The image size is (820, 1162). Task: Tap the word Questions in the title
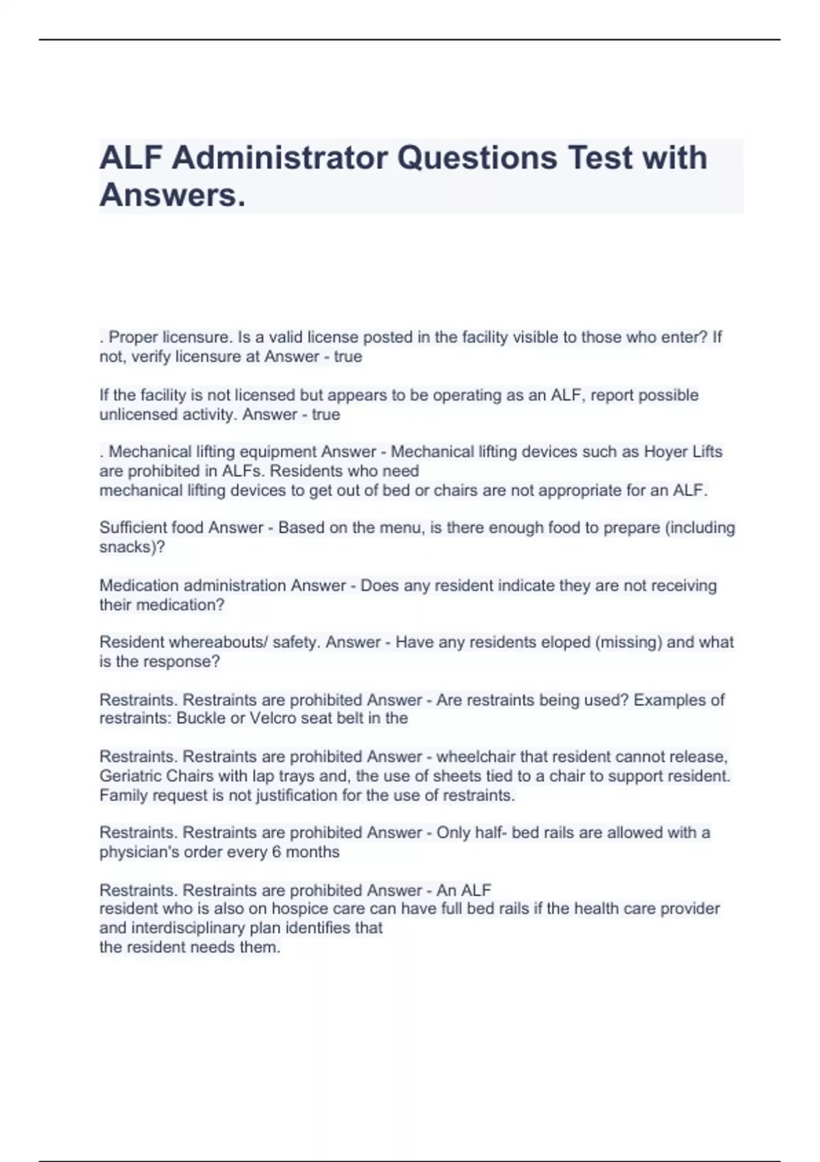477,158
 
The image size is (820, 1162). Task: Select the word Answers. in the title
172,195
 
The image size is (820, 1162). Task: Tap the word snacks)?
132,547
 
